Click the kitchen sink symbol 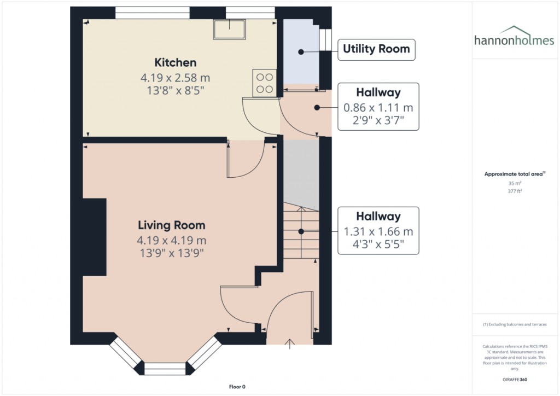click(x=230, y=30)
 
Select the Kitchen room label click(x=175, y=62)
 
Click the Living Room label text click(x=171, y=225)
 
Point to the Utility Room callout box click(x=376, y=49)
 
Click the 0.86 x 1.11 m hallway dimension click(x=378, y=108)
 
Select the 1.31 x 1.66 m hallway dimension click(x=378, y=231)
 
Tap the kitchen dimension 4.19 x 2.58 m click(x=175, y=78)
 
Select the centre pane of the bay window click(x=165, y=369)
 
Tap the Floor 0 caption click(x=237, y=387)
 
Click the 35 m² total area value click(x=516, y=184)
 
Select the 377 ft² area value click(x=516, y=191)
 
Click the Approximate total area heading click(x=515, y=174)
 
